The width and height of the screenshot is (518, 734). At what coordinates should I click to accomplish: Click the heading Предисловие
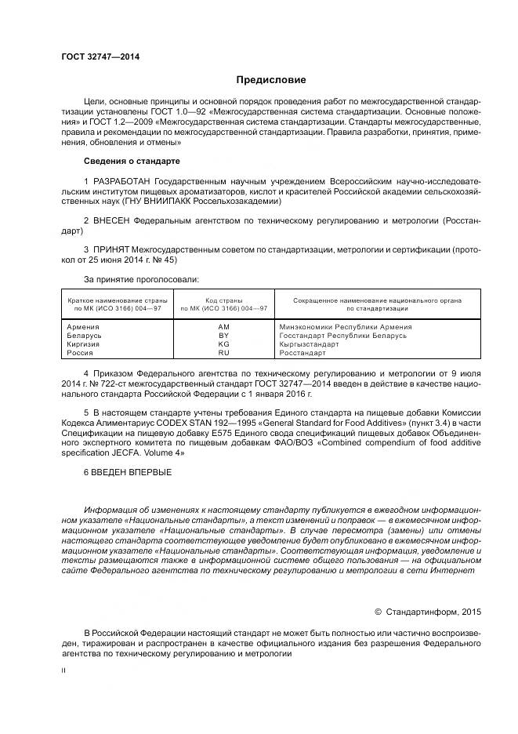click(x=271, y=80)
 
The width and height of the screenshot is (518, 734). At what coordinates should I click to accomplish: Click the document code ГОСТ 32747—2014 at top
click(x=95, y=57)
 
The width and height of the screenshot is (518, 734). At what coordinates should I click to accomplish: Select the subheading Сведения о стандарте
click(x=132, y=161)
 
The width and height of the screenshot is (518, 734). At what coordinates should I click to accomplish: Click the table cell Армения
click(x=83, y=326)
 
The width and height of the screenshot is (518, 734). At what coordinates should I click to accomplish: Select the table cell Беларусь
click(x=85, y=335)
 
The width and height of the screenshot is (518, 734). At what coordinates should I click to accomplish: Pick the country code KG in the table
click(x=223, y=343)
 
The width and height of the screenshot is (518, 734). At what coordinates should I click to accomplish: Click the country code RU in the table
click(x=223, y=353)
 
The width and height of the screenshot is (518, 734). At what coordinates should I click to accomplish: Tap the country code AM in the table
click(x=223, y=326)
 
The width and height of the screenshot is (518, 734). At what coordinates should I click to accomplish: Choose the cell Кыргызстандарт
click(x=309, y=343)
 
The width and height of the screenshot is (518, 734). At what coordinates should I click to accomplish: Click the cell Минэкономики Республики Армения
click(x=345, y=326)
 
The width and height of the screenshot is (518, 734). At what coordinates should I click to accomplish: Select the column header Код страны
click(x=223, y=300)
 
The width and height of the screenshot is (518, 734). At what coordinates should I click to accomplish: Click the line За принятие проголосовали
click(x=141, y=279)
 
